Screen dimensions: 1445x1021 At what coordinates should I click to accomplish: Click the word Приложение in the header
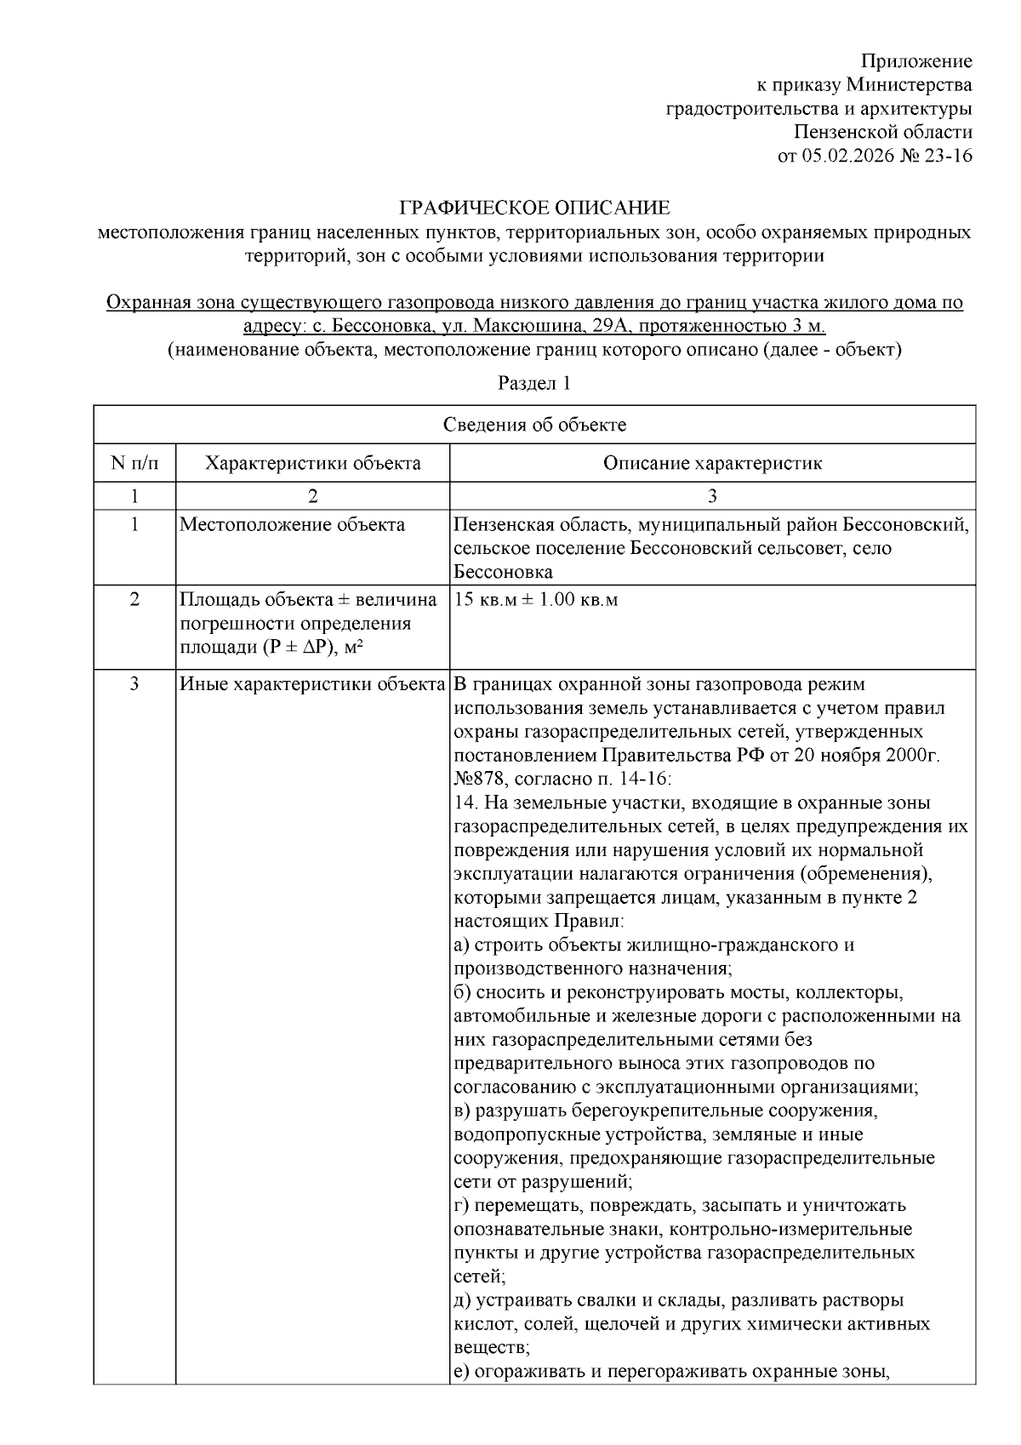click(x=916, y=61)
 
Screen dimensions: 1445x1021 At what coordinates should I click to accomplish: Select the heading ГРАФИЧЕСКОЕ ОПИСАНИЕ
click(x=535, y=208)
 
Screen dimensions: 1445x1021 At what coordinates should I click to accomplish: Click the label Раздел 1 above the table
click(x=533, y=383)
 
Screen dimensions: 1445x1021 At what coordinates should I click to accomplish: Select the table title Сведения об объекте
click(x=534, y=426)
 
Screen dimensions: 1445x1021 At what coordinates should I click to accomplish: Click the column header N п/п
click(x=134, y=463)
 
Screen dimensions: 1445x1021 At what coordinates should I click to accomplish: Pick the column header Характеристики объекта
click(x=313, y=463)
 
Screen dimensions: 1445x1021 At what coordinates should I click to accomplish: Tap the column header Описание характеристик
click(x=712, y=463)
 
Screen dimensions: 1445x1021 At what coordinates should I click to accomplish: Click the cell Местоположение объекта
click(x=293, y=524)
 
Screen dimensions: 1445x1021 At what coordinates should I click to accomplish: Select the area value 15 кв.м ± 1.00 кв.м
click(x=536, y=599)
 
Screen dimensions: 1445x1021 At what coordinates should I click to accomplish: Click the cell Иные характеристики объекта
click(x=313, y=684)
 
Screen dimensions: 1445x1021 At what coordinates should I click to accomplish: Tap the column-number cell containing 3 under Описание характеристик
click(x=712, y=496)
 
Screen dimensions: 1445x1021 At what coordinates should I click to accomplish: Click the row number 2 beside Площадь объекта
click(x=134, y=599)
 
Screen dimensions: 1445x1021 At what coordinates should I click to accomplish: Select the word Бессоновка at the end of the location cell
click(x=504, y=572)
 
